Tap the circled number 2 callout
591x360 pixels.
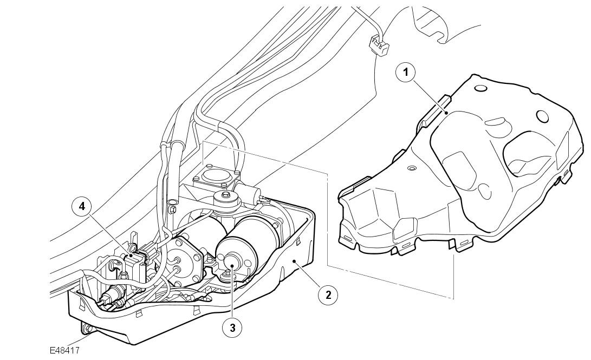pos(328,295)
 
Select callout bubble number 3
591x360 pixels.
pos(232,328)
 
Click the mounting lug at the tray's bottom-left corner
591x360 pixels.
pos(86,328)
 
